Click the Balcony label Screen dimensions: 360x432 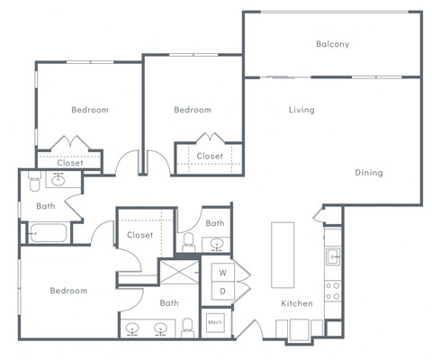[332, 44]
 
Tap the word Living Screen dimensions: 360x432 [301, 111]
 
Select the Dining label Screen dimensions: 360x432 [368, 172]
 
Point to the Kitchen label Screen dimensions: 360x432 [296, 303]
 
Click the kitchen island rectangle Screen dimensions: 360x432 [283, 254]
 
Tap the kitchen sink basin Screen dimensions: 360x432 [333, 256]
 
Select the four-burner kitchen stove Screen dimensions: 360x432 [332, 291]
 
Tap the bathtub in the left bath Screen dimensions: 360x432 [46, 235]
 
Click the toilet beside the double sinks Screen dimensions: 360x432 [188, 325]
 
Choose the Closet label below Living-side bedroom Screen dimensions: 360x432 [210, 156]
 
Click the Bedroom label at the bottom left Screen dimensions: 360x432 [68, 291]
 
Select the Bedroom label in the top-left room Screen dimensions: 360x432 [89, 110]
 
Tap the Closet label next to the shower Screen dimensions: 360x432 [139, 235]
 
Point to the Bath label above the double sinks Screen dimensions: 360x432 [169, 303]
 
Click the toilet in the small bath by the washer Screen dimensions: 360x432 [190, 242]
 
